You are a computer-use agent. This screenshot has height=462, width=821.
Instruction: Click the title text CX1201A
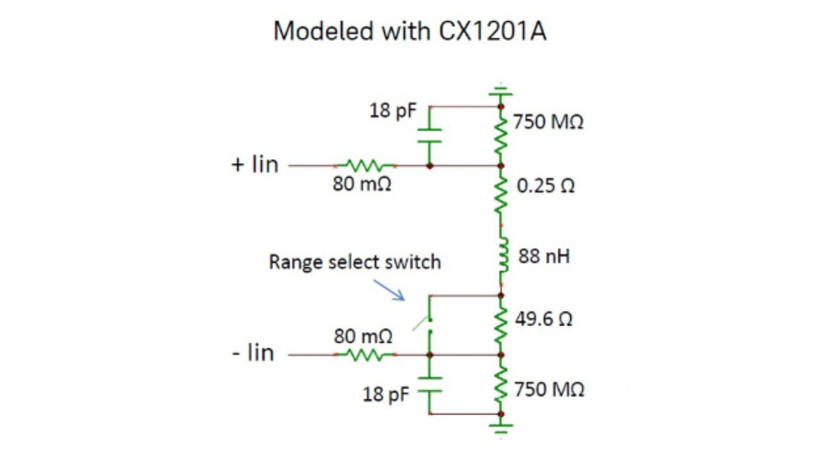[492, 31]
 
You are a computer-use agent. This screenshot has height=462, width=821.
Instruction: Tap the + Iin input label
[255, 165]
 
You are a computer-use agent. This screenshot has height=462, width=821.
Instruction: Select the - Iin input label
[253, 353]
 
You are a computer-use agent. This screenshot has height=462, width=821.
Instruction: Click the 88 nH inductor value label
[544, 257]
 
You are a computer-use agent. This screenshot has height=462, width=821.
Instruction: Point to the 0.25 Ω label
[546, 186]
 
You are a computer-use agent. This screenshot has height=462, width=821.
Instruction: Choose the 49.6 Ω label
[543, 319]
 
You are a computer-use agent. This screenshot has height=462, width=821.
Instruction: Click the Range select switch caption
[355, 262]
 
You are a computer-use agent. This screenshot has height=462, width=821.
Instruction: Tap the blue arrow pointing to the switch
[389, 290]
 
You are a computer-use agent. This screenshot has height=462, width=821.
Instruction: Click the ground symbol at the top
[501, 90]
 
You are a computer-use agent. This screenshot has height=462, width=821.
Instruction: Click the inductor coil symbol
[502, 256]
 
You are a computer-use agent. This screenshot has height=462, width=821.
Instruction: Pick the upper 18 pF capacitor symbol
[430, 136]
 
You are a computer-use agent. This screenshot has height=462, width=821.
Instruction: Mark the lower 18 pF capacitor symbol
[430, 384]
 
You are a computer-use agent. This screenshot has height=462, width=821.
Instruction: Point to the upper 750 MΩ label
[548, 122]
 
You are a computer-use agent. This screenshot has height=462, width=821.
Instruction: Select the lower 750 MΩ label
[549, 390]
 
